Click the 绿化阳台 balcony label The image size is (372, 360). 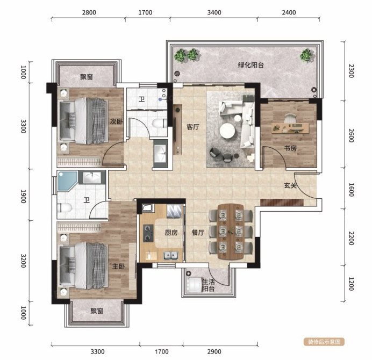pyautogui.click(x=251, y=65)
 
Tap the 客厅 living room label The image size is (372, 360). pyautogui.click(x=193, y=127)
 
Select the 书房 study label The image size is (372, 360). pyautogui.click(x=290, y=148)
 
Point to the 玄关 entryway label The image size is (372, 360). pyautogui.click(x=290, y=185)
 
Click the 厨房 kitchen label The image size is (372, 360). pyautogui.click(x=171, y=233)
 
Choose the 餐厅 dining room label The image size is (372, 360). pyautogui.click(x=198, y=233)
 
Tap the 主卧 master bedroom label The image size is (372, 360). pyautogui.click(x=118, y=267)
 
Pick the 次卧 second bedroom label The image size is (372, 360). pyautogui.click(x=117, y=121)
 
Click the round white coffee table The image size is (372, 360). pyautogui.click(x=227, y=131)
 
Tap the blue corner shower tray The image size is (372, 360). pyautogui.click(x=67, y=181)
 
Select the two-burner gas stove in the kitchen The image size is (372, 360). pyautogui.click(x=148, y=233)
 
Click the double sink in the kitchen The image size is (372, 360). pyautogui.click(x=170, y=256)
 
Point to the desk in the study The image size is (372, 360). pyautogui.click(x=290, y=128)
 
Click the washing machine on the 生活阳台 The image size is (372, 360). pyautogui.click(x=194, y=285)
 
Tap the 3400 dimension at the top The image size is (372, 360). pyautogui.click(x=214, y=12)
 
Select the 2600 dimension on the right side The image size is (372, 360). pyautogui.click(x=352, y=135)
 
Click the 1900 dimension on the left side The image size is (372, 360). pyautogui.click(x=23, y=196)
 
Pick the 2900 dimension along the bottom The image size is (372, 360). pyautogui.click(x=214, y=352)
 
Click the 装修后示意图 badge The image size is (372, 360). pyautogui.click(x=324, y=342)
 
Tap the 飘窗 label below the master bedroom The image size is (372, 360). pyautogui.click(x=97, y=311)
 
